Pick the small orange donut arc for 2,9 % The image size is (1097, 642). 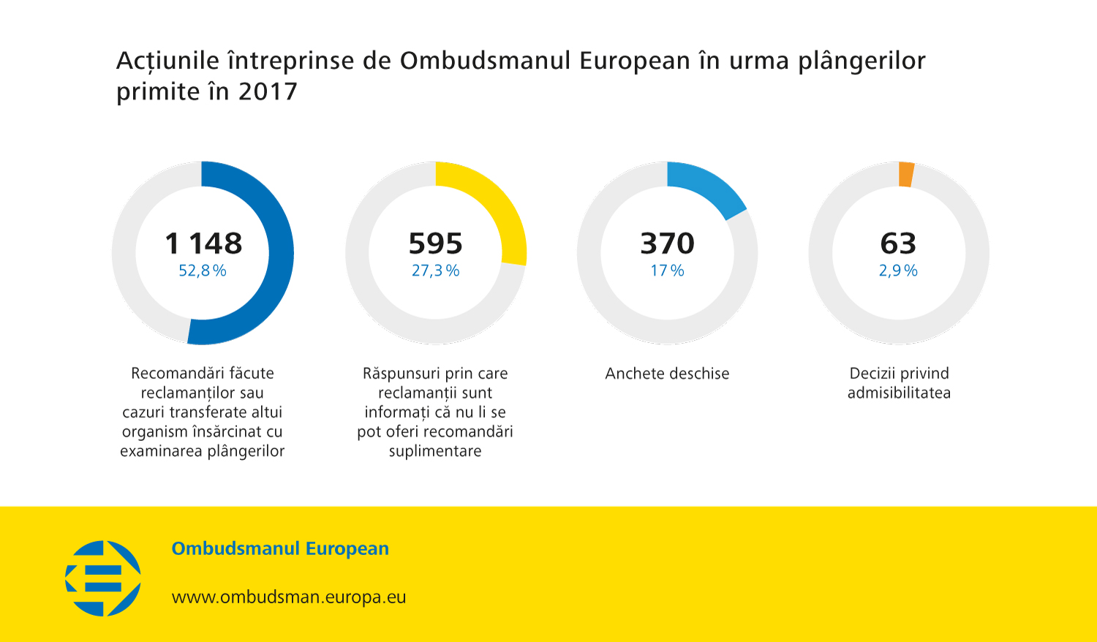[906, 174]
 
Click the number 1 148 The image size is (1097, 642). [203, 243]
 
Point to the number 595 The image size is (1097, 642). [435, 243]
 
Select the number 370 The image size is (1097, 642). [667, 243]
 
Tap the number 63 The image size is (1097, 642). [898, 243]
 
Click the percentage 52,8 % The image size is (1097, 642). [203, 271]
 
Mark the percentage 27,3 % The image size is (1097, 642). [435, 271]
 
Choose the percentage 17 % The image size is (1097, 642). [667, 271]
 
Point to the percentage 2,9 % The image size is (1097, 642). [898, 271]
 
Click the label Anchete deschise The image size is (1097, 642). [667, 374]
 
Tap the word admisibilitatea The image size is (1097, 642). [899, 393]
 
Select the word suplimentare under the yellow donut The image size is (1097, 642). [435, 451]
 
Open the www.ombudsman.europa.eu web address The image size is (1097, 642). [289, 597]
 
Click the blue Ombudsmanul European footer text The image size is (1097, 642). [280, 548]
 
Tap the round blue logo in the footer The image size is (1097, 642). [103, 578]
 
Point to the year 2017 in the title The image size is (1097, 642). [268, 92]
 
